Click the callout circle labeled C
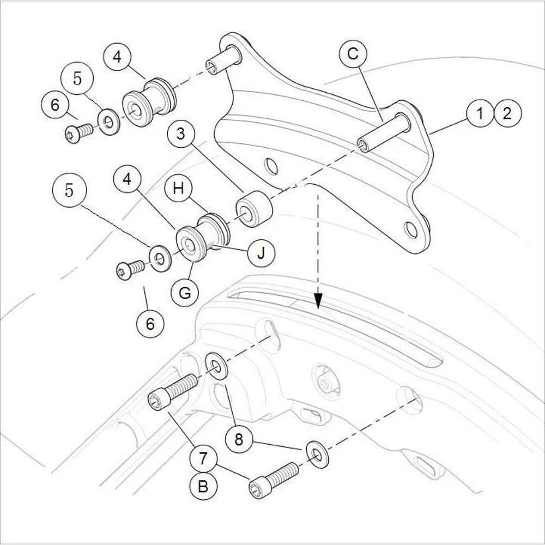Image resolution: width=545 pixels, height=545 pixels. (353, 55)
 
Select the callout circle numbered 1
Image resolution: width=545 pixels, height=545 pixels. (480, 114)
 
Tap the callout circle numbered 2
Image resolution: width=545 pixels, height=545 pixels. (507, 114)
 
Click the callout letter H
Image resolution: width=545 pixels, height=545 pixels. (178, 189)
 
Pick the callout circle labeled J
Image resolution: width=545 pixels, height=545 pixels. (261, 253)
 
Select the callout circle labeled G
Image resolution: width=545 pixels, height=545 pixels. (185, 293)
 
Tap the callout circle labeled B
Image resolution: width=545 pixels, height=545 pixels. (203, 486)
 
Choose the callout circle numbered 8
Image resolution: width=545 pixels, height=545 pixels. (238, 439)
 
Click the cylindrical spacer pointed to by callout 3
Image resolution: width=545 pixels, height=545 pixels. (253, 209)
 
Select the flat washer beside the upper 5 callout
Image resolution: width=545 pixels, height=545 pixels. (109, 121)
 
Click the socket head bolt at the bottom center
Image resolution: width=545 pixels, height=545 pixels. (274, 479)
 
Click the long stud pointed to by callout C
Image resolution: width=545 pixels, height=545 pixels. (384, 132)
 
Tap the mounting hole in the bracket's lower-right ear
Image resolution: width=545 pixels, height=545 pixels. (411, 230)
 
